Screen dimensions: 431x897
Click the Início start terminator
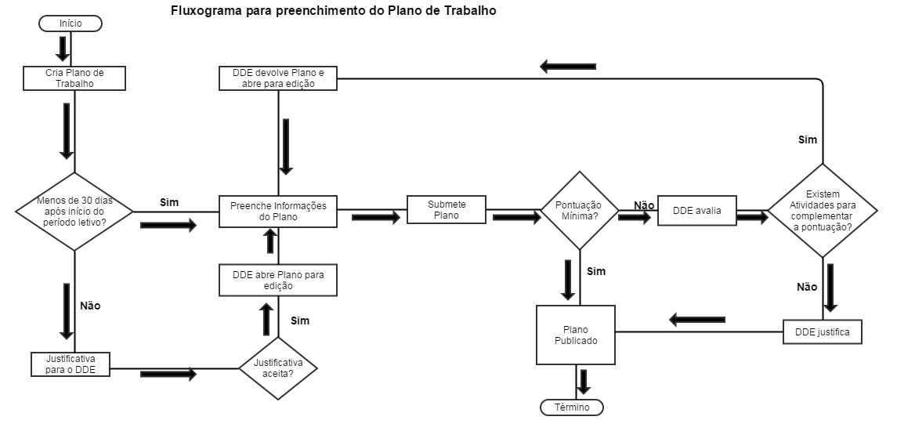[71, 24]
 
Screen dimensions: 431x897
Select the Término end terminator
[572, 407]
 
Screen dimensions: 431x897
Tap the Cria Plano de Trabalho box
[74, 78]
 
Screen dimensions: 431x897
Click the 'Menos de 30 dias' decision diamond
[74, 212]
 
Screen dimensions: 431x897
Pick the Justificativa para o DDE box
[71, 364]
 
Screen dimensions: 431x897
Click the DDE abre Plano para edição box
[278, 280]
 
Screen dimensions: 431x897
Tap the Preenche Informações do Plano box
[278, 212]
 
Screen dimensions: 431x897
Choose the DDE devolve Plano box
[278, 78]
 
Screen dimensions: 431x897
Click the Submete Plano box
[447, 209]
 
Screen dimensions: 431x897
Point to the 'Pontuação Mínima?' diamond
[580, 210]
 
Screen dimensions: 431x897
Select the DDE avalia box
[697, 210]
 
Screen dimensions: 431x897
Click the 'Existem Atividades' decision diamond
[823, 210]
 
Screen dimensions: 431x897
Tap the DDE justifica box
[823, 332]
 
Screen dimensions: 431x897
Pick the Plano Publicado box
[576, 335]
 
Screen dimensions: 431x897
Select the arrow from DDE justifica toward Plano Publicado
[696, 319]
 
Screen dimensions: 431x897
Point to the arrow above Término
[584, 381]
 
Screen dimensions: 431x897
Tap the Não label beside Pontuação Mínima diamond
[644, 205]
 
